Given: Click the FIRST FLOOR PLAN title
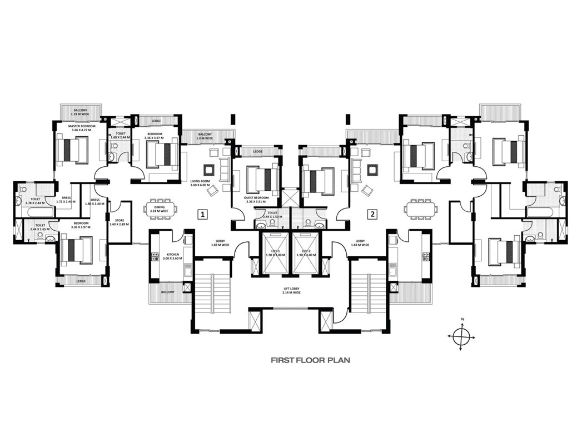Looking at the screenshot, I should pyautogui.click(x=310, y=360).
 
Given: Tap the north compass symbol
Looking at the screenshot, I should pyautogui.click(x=462, y=335).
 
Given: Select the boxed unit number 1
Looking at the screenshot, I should pyautogui.click(x=203, y=213).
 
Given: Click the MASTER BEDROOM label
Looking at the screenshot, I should pyautogui.click(x=82, y=128).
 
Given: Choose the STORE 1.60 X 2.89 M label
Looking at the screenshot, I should pyautogui.click(x=119, y=222).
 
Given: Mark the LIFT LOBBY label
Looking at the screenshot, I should pyautogui.click(x=291, y=290).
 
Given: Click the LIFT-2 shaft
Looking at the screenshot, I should pyautogui.click(x=306, y=254).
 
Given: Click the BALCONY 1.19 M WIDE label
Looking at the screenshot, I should pyautogui.click(x=81, y=112).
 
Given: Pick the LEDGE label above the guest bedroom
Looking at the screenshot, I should pyautogui.click(x=258, y=151).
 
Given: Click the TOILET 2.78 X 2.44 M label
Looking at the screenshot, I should pyautogui.click(x=36, y=200).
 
